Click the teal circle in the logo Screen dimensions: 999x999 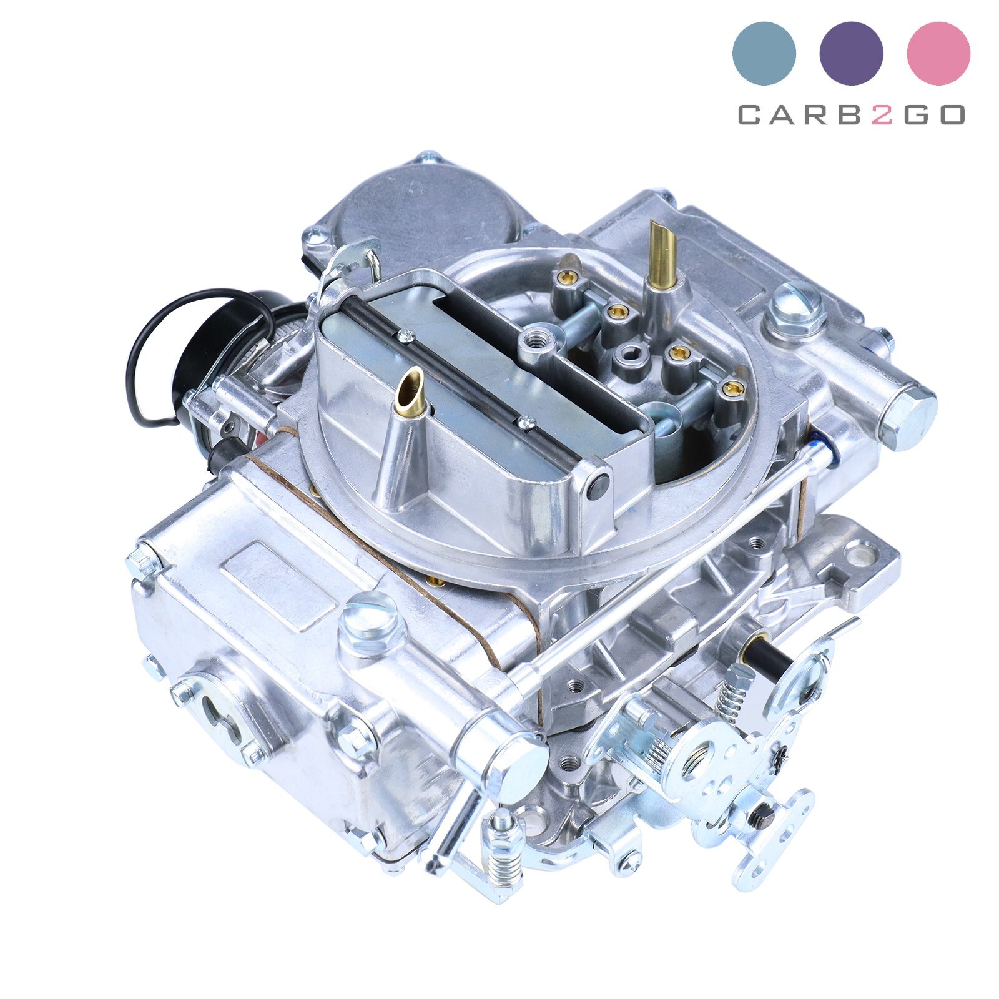(764, 53)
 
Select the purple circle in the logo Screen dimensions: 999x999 (851, 53)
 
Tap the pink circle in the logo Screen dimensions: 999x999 (938, 53)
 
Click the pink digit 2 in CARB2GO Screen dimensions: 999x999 (882, 115)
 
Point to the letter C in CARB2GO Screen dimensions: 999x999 (750, 115)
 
